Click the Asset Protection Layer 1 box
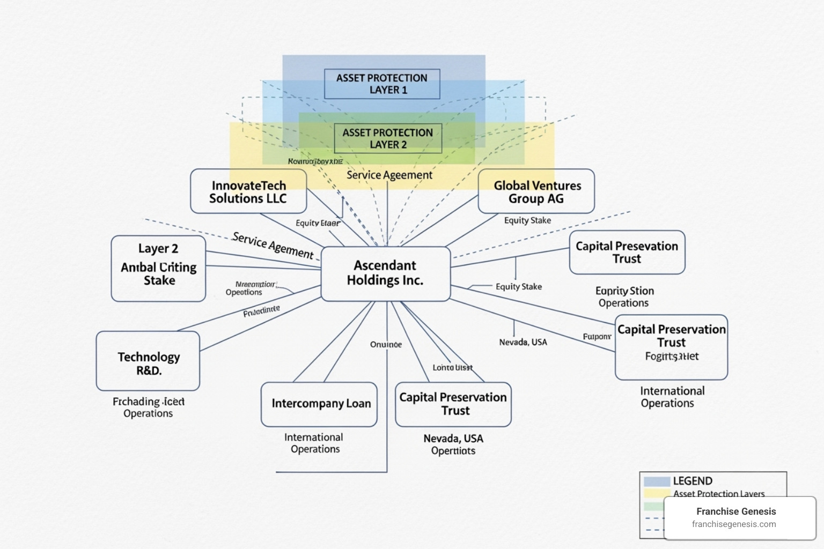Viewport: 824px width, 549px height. point(382,84)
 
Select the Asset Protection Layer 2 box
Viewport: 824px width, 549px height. point(388,138)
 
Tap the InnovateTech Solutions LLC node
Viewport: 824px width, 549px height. point(248,191)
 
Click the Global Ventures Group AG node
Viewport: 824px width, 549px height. point(536,191)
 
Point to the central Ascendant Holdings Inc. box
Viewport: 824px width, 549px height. point(385,273)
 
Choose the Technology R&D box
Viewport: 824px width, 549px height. point(148,361)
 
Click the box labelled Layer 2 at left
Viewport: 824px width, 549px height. point(158,268)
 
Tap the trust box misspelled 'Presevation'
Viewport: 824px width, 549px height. point(627,253)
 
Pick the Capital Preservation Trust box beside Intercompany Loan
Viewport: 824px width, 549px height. point(453,404)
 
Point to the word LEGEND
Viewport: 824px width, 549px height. point(693,481)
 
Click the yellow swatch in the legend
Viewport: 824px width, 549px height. point(657,493)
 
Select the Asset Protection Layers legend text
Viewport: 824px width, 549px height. point(719,494)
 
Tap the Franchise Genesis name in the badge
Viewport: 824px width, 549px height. point(736,511)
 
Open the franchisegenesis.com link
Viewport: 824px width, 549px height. point(734,524)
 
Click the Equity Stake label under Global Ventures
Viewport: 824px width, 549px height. point(527,220)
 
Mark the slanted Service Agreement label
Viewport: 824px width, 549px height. point(273,246)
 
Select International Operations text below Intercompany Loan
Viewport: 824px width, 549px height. point(314,443)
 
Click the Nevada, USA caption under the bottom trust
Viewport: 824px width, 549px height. point(453,439)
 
